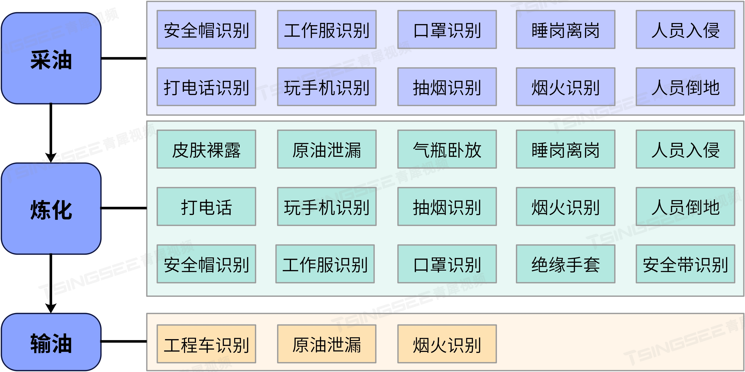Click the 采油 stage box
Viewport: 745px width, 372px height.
51,58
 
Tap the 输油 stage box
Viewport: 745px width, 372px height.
51,342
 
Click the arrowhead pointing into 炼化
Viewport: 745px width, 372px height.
51,157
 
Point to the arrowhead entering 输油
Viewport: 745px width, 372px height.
51,308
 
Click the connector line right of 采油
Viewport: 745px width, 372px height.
124,58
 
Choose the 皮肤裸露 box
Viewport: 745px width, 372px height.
206,149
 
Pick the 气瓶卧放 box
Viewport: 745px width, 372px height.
447,149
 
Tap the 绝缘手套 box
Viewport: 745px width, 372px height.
565,264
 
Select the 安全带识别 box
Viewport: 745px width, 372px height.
685,264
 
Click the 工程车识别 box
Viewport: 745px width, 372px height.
206,344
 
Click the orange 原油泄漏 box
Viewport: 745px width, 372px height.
326,344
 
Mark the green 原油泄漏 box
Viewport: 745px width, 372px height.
326,149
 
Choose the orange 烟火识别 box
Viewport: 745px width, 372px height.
447,344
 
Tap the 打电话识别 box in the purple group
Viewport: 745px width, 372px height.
206,87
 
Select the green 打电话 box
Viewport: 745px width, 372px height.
206,206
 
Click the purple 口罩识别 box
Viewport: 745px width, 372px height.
447,29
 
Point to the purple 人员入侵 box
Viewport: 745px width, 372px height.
685,29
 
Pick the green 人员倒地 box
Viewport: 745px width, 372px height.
685,206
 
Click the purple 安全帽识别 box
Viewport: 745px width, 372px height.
206,29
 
